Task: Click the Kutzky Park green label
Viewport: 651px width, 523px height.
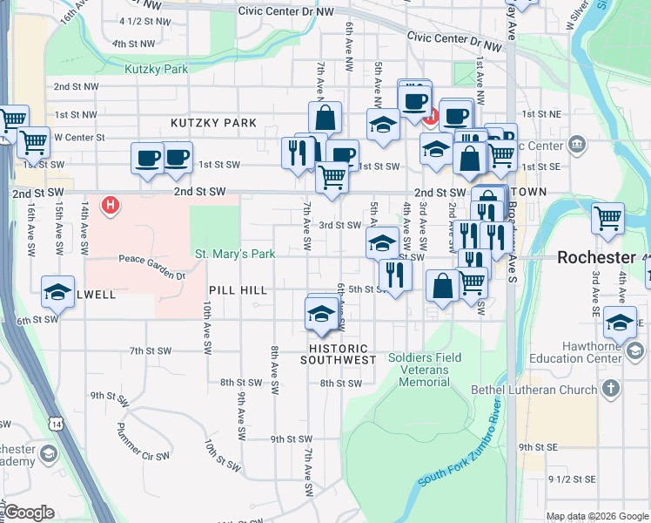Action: (157, 69)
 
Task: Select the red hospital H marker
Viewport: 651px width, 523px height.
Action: (111, 206)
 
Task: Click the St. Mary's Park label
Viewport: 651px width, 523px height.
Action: (235, 255)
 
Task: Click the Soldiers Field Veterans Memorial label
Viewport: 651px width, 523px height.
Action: (419, 364)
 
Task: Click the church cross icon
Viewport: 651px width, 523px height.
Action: (612, 388)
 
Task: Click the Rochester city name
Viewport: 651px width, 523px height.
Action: (596, 257)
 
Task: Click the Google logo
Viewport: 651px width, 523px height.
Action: (28, 513)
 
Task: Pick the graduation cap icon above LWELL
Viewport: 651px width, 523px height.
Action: (57, 292)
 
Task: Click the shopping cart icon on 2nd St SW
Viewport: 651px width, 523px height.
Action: (332, 176)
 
